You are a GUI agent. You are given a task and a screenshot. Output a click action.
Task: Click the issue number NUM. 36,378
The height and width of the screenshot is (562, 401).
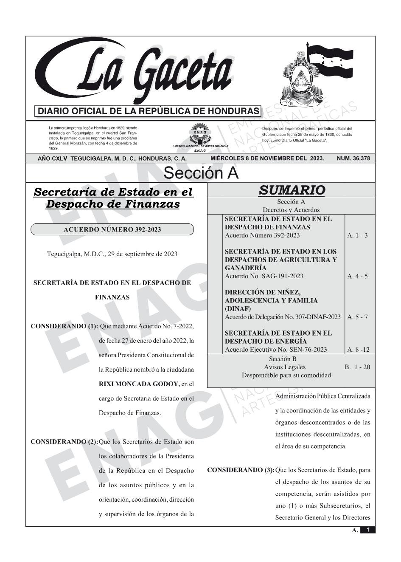point(353,158)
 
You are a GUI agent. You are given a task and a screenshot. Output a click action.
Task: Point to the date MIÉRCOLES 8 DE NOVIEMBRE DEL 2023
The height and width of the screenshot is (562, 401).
point(267,158)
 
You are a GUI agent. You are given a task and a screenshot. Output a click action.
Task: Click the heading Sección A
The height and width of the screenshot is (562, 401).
point(201,173)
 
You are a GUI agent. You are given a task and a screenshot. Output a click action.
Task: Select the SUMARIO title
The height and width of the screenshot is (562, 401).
point(292,190)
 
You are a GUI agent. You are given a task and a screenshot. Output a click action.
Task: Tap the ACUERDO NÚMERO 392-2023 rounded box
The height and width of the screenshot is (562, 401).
point(112,230)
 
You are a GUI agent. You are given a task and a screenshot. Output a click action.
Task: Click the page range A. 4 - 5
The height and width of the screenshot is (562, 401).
point(357,276)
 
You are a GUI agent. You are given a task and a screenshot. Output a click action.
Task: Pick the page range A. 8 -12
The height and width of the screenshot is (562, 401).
point(358,350)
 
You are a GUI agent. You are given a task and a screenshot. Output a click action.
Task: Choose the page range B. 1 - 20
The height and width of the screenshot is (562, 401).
point(357,367)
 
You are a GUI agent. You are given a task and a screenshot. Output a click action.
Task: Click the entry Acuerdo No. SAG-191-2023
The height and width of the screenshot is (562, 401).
point(264,276)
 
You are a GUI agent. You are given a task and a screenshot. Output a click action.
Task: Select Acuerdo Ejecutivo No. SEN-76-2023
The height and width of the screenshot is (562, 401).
point(276,350)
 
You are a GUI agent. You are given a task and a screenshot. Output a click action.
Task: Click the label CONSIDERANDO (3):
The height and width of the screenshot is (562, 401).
point(241,470)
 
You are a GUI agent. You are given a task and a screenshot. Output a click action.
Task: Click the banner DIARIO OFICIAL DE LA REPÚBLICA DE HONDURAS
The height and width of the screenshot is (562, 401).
point(149,111)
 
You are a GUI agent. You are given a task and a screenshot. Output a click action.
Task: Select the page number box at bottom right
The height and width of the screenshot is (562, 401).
point(367,530)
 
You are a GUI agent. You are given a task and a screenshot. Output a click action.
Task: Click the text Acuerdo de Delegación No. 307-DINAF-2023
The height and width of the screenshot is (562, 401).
point(283,317)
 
